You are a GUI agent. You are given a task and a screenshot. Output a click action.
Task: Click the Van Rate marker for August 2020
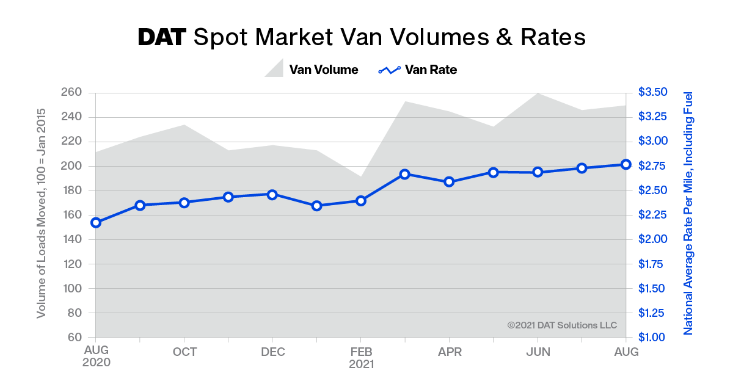click(x=96, y=223)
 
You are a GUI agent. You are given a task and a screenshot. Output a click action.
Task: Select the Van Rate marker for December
click(x=272, y=195)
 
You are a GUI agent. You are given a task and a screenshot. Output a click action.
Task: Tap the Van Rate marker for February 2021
click(x=360, y=201)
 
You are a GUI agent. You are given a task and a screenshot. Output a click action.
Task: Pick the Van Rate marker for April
click(x=449, y=182)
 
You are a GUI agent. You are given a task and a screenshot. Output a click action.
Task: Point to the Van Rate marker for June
click(x=538, y=172)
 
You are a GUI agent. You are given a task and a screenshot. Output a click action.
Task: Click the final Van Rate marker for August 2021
click(x=626, y=164)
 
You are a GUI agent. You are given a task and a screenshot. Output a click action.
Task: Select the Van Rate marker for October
click(x=184, y=203)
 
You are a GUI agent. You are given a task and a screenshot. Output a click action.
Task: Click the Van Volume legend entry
click(x=312, y=70)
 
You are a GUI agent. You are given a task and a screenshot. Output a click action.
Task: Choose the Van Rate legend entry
click(x=418, y=70)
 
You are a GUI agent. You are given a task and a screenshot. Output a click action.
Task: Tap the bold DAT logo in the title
click(x=162, y=37)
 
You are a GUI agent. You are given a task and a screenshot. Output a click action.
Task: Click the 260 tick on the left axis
click(x=71, y=93)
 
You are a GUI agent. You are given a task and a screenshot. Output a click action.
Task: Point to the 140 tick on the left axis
click(x=71, y=239)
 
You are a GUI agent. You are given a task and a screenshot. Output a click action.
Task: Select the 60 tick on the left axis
click(x=75, y=338)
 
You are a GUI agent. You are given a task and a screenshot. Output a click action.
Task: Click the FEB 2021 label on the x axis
click(x=360, y=358)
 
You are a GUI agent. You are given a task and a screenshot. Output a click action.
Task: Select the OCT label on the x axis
click(x=184, y=352)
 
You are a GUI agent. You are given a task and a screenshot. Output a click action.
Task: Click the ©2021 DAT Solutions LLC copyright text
click(x=562, y=325)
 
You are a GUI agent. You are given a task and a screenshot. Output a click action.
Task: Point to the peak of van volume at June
click(x=538, y=93)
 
